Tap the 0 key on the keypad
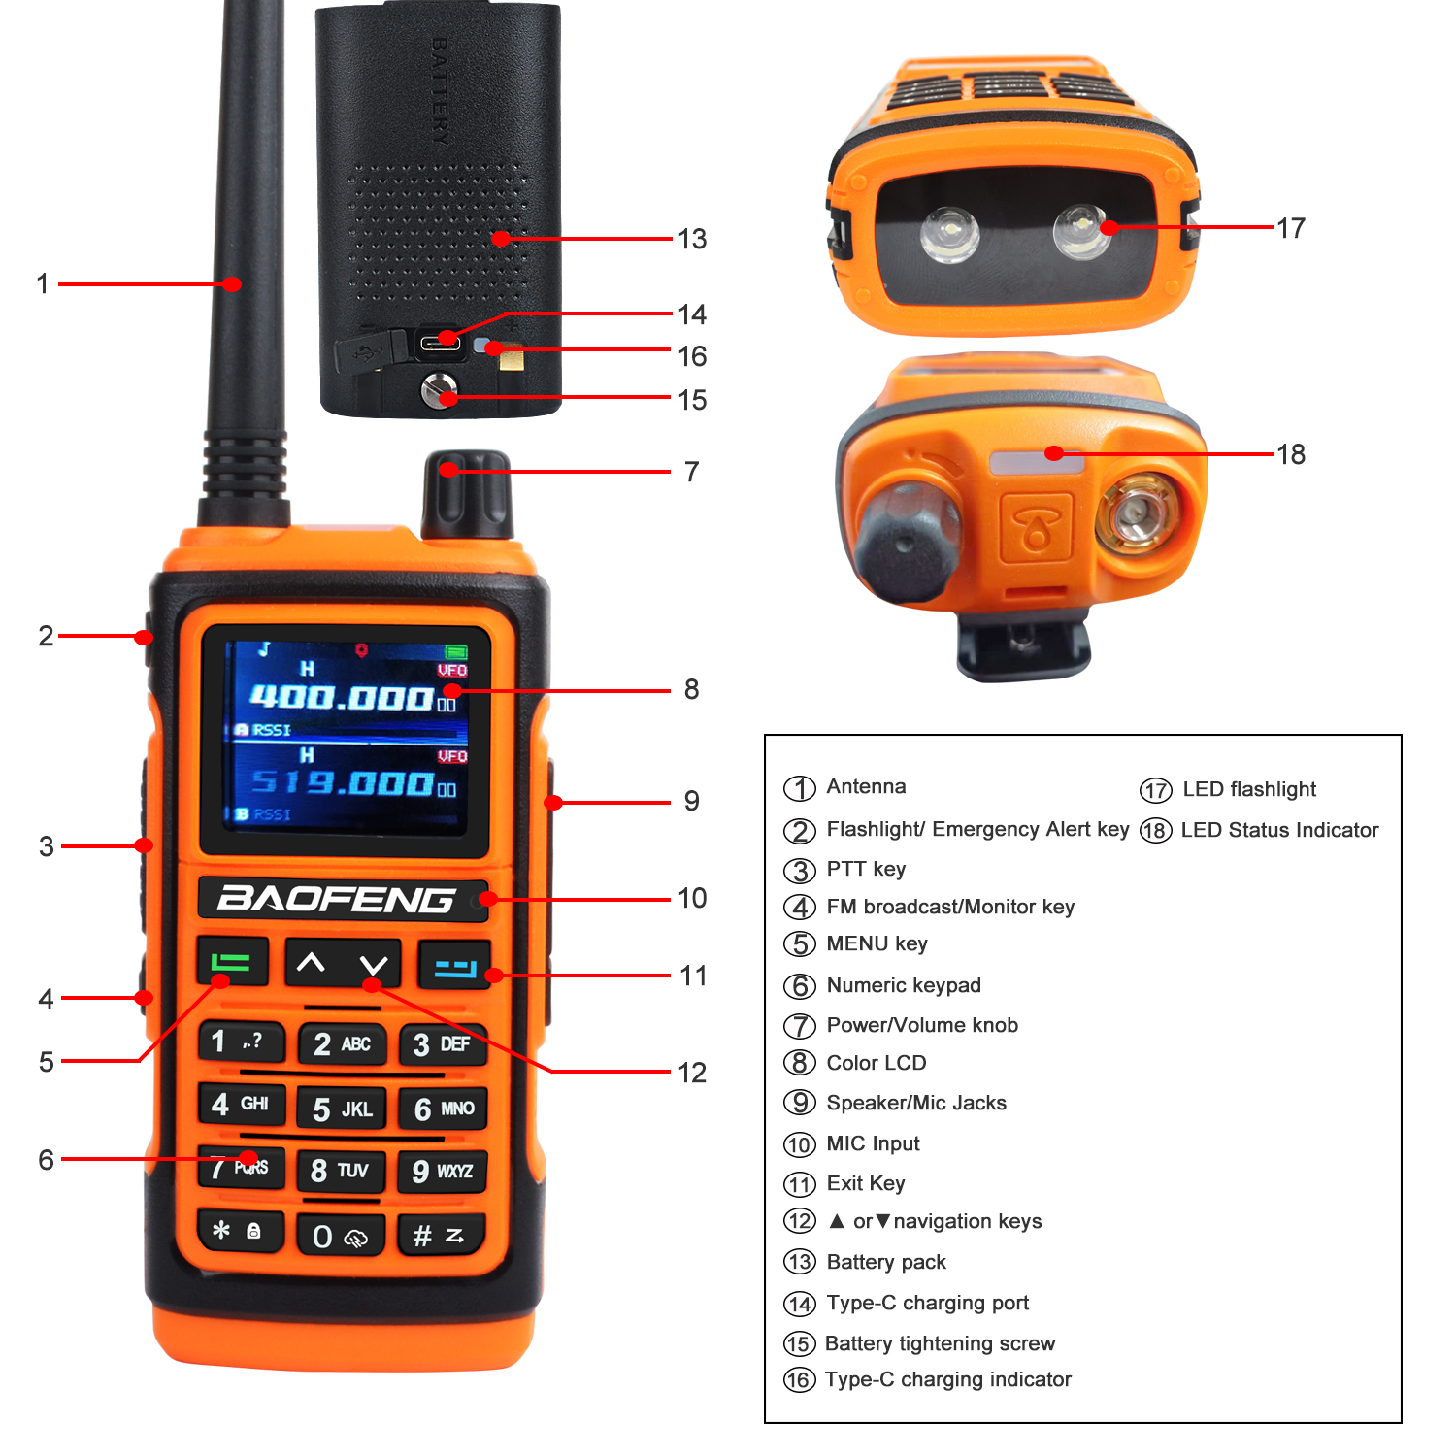(x=341, y=1235)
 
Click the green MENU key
(x=232, y=962)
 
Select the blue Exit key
(x=454, y=966)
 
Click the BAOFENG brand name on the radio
(x=336, y=899)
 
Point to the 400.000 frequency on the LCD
(x=341, y=697)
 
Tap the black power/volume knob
(x=466, y=495)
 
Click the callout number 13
(x=692, y=239)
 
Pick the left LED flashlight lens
(x=949, y=234)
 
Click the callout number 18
(x=1291, y=454)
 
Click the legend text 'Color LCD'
(x=877, y=1063)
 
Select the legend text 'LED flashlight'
(x=1249, y=789)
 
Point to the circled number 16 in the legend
(x=799, y=1379)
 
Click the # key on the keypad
(x=440, y=1235)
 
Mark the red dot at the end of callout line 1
(x=232, y=284)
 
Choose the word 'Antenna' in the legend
(x=866, y=786)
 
